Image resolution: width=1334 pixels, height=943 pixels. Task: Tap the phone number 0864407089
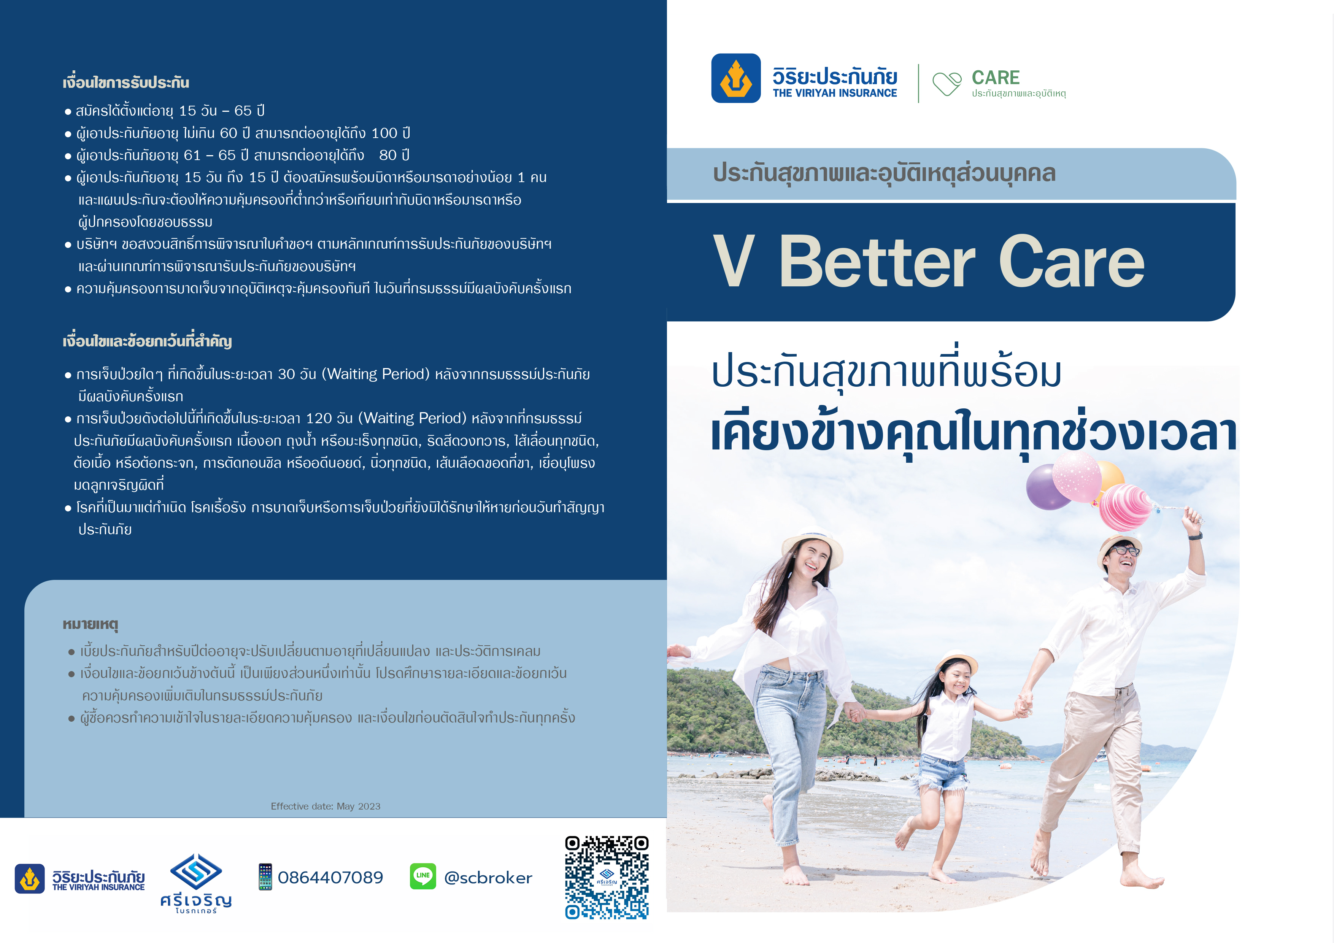330,877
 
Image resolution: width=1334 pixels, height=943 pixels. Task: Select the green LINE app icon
423,876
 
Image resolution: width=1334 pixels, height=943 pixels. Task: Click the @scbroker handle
488,877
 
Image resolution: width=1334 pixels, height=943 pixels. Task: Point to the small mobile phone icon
265,877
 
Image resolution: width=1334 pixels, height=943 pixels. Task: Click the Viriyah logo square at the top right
735,78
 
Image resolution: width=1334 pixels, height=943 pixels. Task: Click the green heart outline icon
947,84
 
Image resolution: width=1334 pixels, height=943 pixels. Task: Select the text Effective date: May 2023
326,806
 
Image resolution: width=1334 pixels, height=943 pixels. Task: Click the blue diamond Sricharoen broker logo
196,872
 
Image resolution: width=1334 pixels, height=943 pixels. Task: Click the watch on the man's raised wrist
1194,536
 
